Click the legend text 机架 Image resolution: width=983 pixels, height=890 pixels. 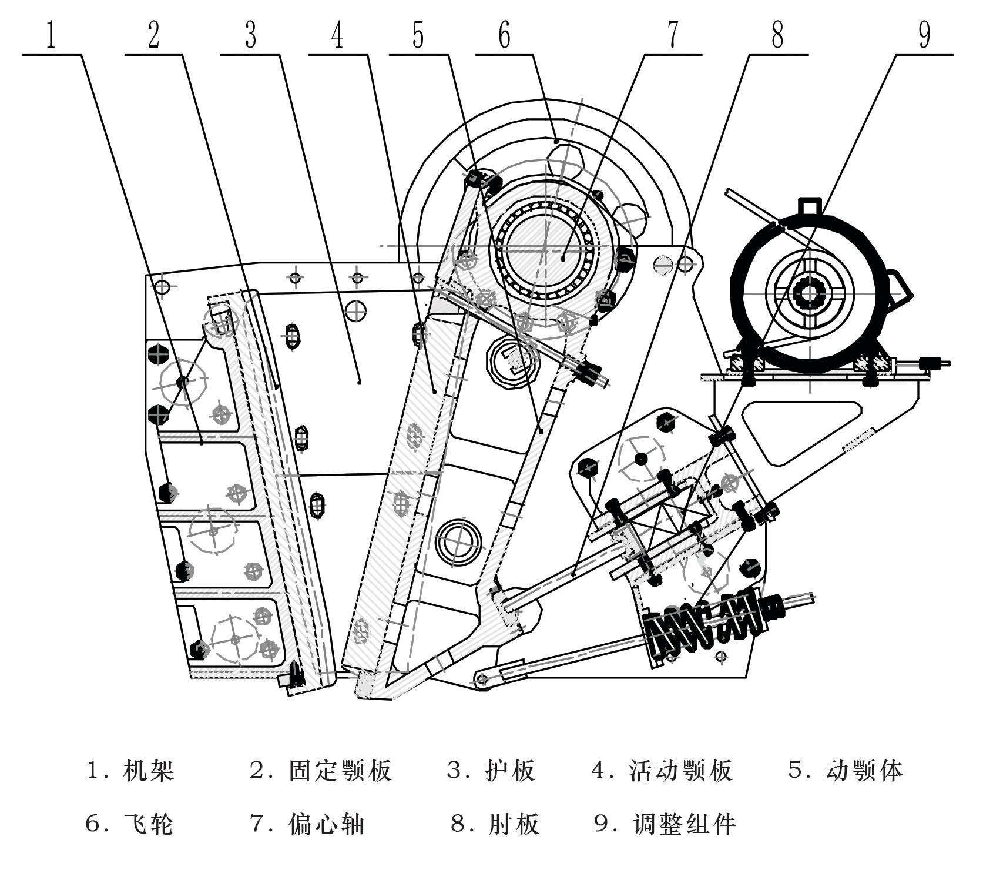149,770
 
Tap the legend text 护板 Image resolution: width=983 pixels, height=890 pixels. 510,770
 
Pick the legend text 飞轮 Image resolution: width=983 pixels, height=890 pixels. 149,824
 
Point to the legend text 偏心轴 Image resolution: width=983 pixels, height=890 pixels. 326,824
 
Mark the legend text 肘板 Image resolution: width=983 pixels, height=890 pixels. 513,824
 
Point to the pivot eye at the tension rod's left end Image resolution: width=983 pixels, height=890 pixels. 482,680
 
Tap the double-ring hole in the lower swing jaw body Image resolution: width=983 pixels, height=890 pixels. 458,541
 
